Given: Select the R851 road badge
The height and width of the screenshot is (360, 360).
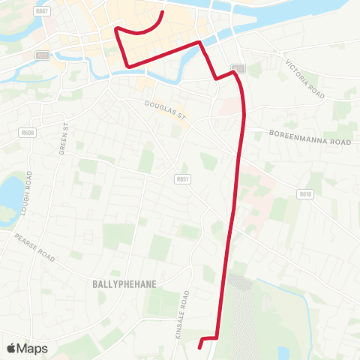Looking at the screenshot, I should pos(182,178).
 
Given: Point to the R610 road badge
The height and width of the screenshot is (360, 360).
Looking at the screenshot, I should pos(304,193).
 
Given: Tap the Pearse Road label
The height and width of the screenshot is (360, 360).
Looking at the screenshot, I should pos(34,247).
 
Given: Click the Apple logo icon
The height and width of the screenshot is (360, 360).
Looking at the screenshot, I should pos(11,348).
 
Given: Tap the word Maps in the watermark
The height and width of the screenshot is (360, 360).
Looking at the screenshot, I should pos(32,348).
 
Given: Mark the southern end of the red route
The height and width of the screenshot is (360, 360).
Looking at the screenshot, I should pos(199,347).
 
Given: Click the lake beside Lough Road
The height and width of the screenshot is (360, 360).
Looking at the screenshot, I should pos(9,193).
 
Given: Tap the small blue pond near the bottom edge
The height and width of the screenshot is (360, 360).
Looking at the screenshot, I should pos(283,352).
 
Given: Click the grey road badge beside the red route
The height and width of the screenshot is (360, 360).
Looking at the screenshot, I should pos(238,68).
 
